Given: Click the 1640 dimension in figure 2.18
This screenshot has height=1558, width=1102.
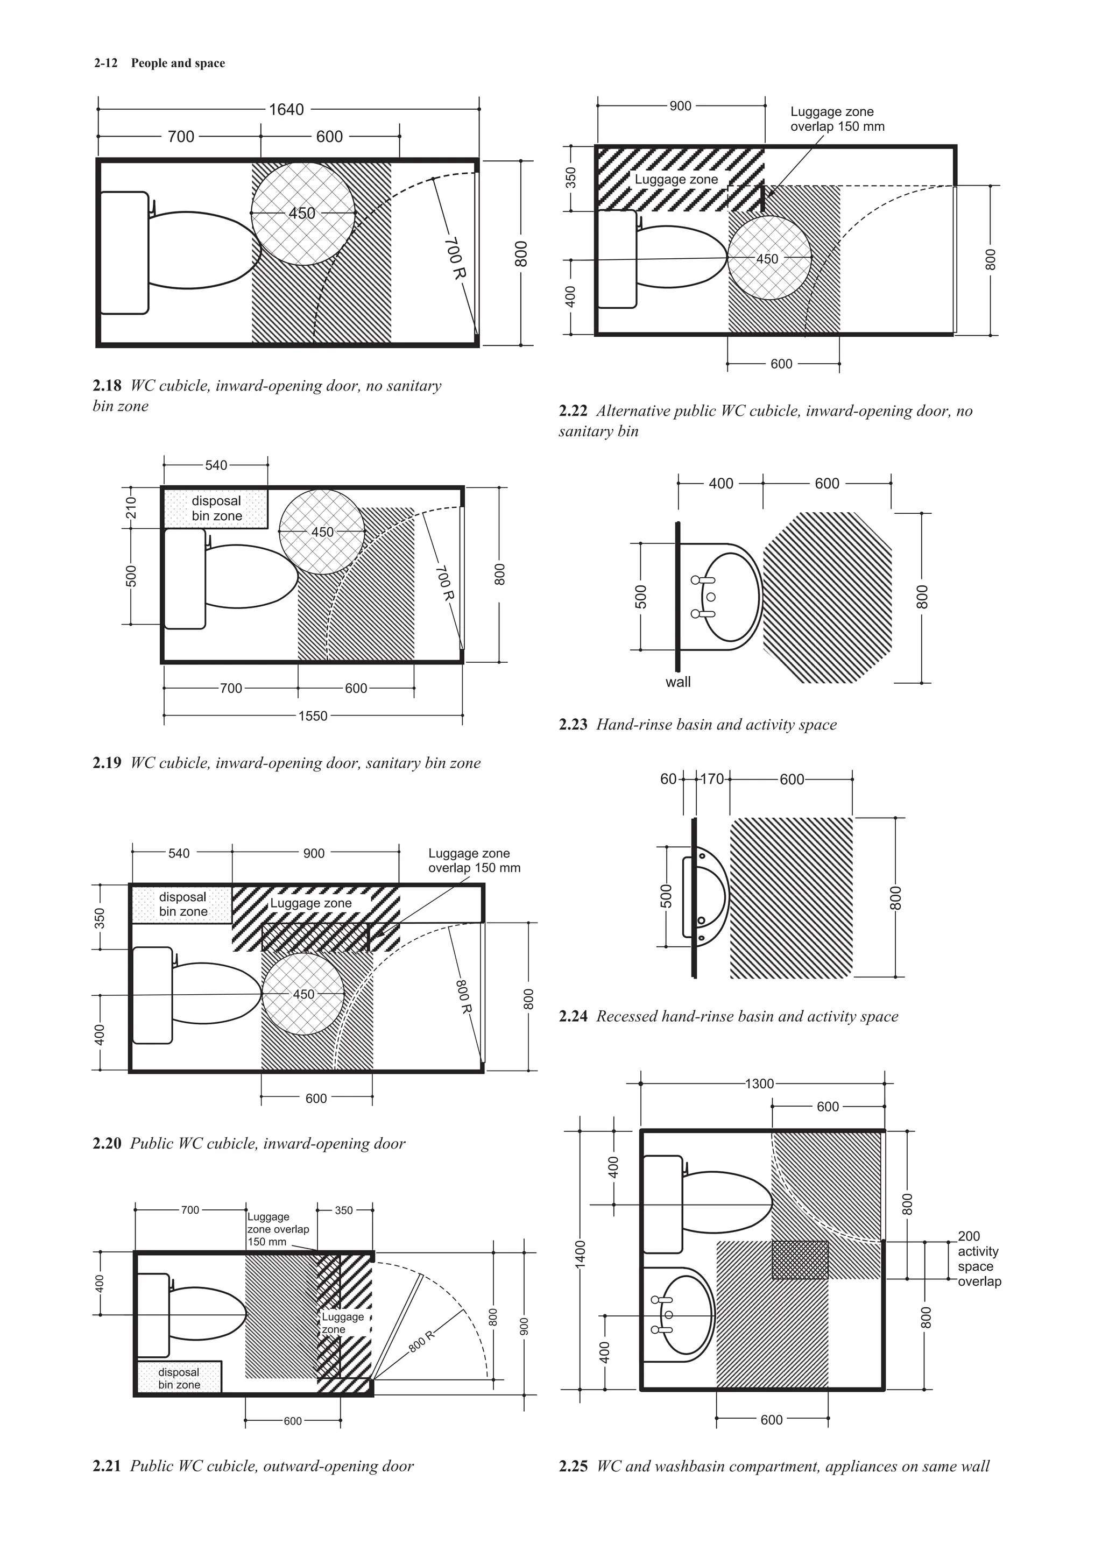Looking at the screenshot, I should [286, 109].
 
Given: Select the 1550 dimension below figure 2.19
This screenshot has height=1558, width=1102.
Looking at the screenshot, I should [313, 716].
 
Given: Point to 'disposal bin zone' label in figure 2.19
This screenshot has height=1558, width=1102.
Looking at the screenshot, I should [216, 508].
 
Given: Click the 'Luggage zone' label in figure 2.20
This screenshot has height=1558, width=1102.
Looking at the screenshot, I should [311, 903].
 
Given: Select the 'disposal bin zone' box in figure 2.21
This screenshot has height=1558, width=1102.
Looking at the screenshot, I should [179, 1378].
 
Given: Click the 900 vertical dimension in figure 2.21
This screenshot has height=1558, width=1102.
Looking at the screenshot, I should [523, 1327].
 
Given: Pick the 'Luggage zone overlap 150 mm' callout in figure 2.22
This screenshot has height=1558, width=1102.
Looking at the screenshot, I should [837, 119].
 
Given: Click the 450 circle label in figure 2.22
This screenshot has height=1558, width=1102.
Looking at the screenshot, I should [767, 259].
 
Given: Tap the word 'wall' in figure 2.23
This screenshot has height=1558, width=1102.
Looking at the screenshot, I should [678, 682].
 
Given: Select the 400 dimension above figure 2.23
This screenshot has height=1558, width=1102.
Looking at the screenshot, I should [720, 483].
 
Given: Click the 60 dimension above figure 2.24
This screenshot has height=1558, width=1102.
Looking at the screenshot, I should [668, 779].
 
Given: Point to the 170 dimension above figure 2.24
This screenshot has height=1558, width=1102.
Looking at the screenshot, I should [712, 779].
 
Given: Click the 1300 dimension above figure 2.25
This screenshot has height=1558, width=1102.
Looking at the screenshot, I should [759, 1083].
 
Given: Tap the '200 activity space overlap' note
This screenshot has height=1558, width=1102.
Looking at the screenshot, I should [978, 1259].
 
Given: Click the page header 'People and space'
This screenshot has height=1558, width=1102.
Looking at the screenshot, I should [178, 63].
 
